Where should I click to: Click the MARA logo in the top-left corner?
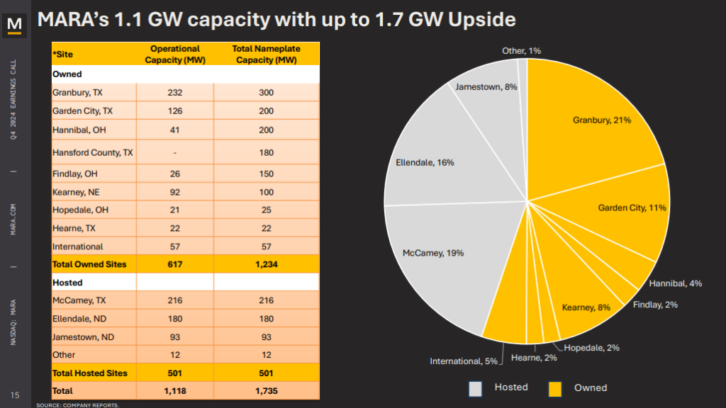pyautogui.click(x=14, y=25)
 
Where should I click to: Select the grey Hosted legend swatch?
pyautogui.click(x=475, y=388)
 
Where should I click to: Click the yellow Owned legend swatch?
pyautogui.click(x=556, y=388)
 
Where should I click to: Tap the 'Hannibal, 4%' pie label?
pyautogui.click(x=675, y=283)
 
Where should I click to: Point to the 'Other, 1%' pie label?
pyautogui.click(x=521, y=51)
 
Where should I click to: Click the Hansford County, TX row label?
pyautogui.click(x=93, y=152)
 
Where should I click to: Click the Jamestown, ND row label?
pyautogui.click(x=84, y=336)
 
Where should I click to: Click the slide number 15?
pyautogui.click(x=14, y=395)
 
